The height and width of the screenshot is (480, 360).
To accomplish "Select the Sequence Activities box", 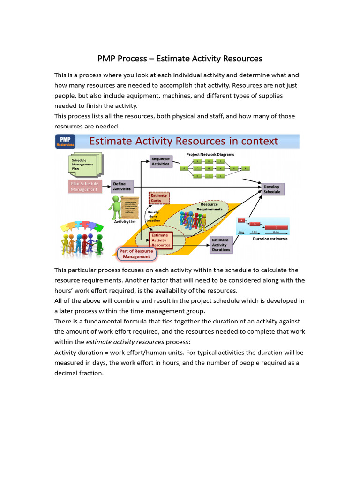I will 160,162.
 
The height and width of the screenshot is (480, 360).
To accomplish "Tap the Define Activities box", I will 122,187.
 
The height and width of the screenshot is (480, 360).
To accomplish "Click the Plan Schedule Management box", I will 85,187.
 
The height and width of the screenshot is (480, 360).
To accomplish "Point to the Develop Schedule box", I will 272,189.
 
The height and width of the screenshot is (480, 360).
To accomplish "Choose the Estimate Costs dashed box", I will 158,198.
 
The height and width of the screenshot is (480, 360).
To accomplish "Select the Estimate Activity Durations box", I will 221,245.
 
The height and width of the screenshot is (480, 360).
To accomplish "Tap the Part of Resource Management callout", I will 136,254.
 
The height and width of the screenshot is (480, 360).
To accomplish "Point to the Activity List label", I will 125,222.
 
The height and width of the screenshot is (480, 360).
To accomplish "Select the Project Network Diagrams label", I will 210,154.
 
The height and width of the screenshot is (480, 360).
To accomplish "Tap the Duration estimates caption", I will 270,239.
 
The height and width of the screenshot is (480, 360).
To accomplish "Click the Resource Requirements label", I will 210,207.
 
